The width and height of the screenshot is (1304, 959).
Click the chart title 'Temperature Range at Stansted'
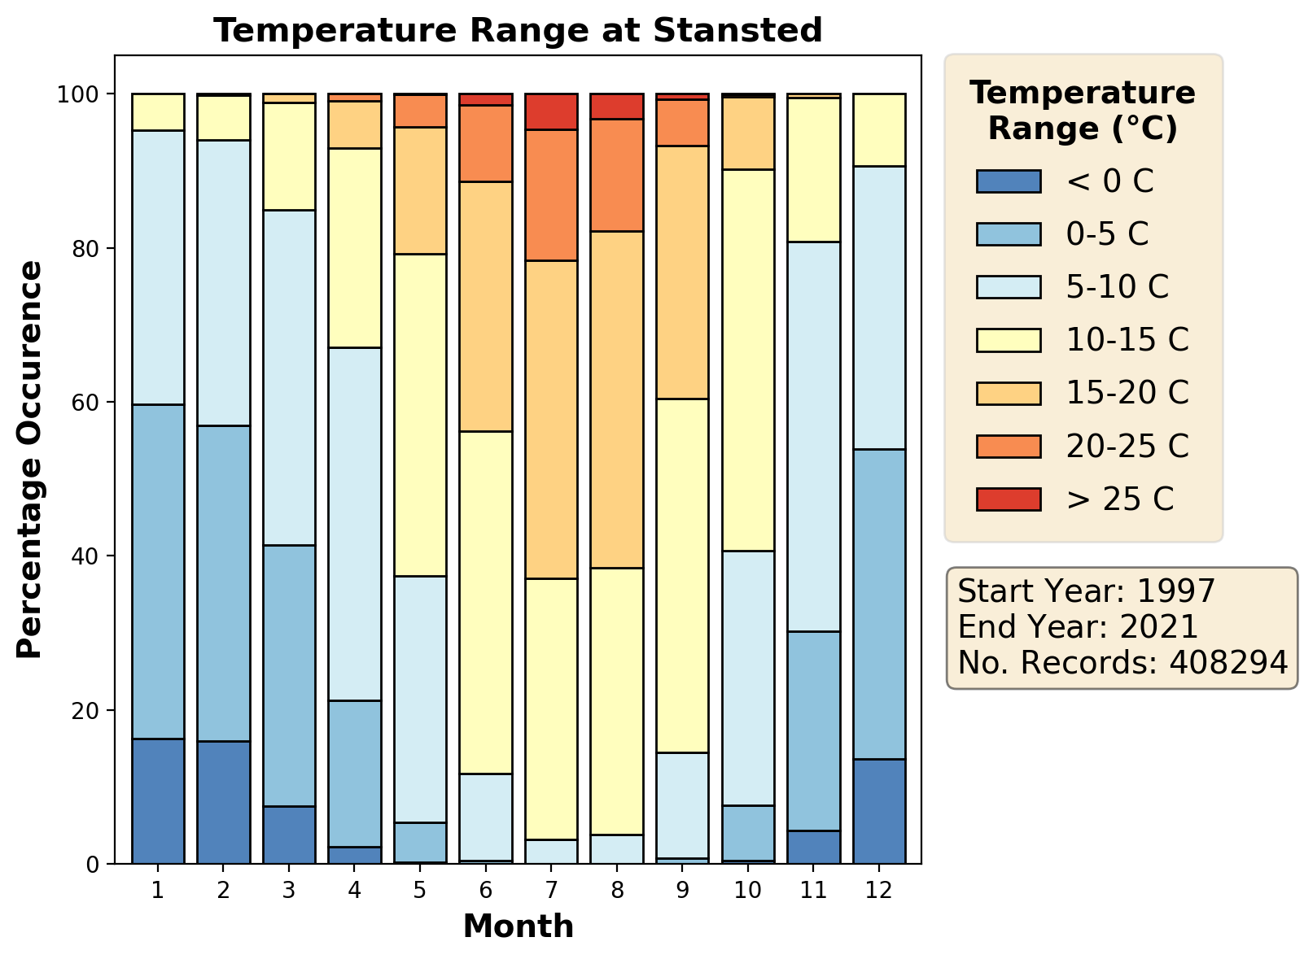click(518, 31)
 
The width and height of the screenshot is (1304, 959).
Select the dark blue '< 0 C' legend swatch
click(1009, 181)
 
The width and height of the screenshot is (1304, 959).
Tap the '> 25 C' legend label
click(1120, 499)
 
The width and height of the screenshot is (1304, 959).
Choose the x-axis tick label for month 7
click(551, 891)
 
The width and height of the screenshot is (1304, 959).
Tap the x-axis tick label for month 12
click(879, 891)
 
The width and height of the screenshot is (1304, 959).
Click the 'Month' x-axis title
click(519, 926)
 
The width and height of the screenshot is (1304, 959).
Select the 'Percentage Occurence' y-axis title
click(30, 460)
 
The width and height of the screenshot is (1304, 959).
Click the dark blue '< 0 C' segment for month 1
click(158, 801)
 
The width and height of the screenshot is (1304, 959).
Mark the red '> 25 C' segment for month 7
click(551, 112)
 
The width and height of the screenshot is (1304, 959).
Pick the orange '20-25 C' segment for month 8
click(617, 176)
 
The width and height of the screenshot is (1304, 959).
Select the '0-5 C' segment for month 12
click(879, 604)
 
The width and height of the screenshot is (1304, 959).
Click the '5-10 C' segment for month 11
click(813, 437)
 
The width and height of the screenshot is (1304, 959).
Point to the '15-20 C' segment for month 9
click(682, 272)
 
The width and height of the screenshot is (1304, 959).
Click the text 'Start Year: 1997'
click(1087, 591)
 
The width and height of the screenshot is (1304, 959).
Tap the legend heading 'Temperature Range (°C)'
click(1083, 111)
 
